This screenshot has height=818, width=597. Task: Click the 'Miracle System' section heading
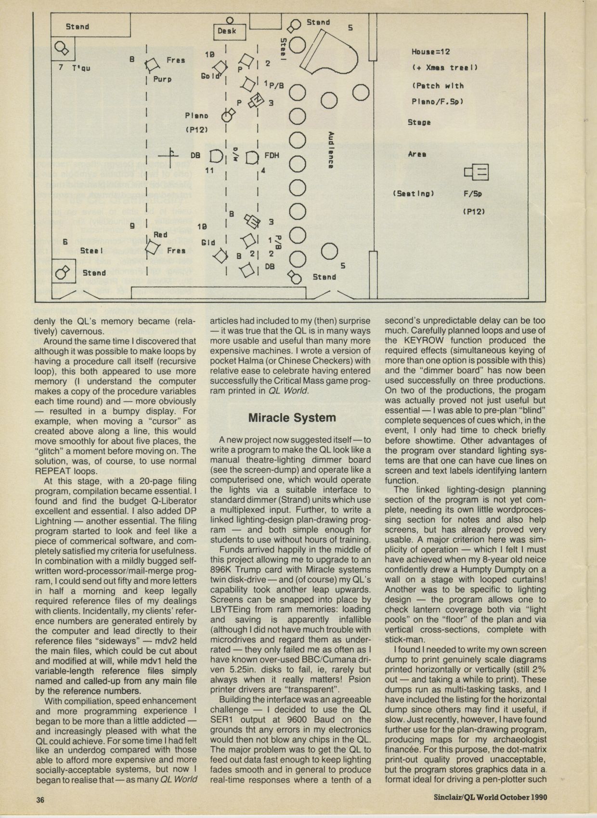tap(292, 417)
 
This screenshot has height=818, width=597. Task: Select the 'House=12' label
tap(431, 52)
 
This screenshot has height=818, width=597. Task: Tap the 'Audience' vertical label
tap(331, 150)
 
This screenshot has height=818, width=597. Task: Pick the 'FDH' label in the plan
tap(272, 156)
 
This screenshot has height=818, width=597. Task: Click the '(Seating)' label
tap(414, 194)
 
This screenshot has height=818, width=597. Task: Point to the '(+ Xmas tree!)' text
tap(444, 68)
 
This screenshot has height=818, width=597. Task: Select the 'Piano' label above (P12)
tap(196, 116)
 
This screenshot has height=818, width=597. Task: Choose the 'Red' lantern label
tap(160, 235)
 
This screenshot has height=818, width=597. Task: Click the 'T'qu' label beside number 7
tap(81, 68)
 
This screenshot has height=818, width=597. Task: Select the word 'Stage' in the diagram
tap(419, 122)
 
